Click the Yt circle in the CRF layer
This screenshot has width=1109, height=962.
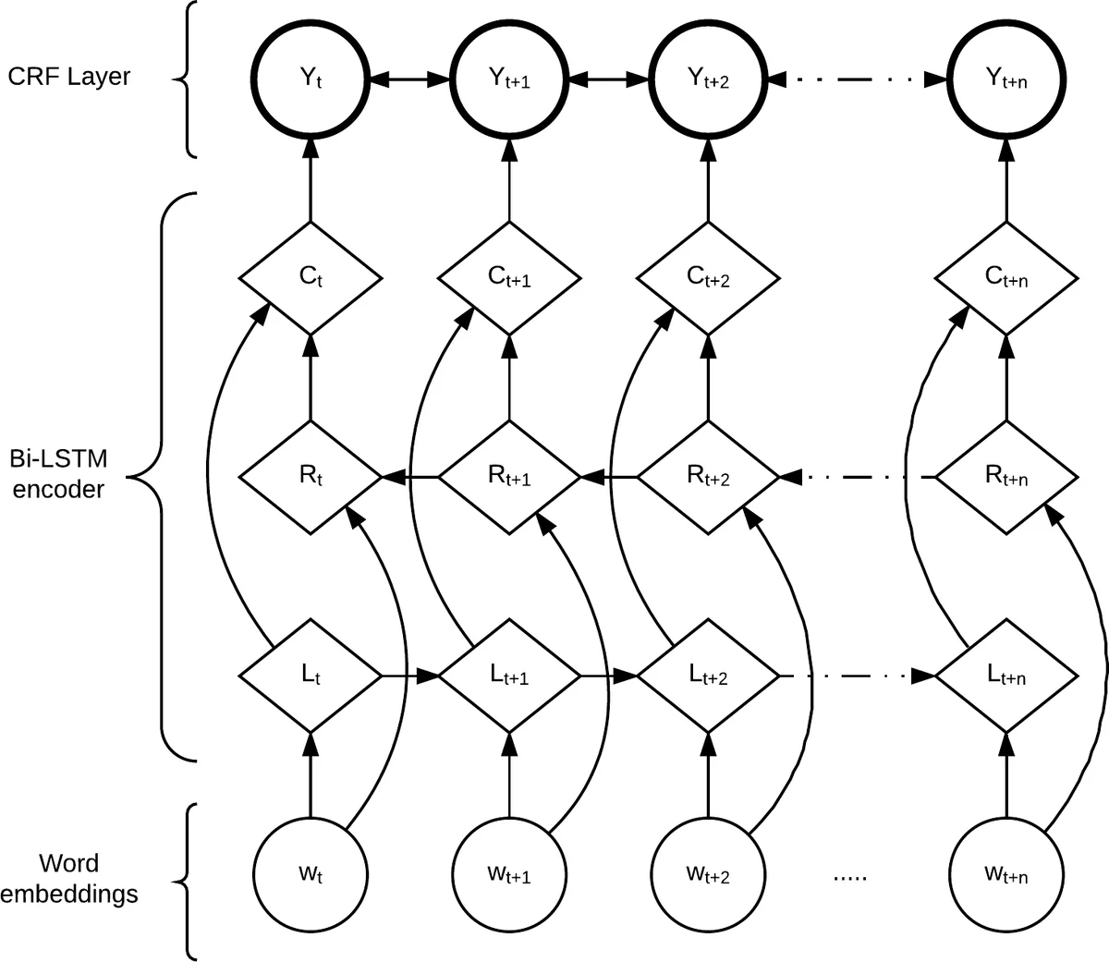pos(311,79)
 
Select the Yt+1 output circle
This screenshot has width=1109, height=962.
pos(509,79)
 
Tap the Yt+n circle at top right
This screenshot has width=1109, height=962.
pos(1006,79)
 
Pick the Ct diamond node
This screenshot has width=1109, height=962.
pos(311,276)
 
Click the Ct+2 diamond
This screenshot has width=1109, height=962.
pos(709,276)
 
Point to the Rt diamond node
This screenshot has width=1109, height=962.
pos(311,477)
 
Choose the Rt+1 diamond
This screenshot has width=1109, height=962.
pos(509,477)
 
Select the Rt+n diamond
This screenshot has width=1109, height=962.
pos(1006,477)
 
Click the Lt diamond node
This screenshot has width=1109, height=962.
pos(311,676)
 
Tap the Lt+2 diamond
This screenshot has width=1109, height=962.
pos(709,676)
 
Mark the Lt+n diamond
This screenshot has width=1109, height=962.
pos(1006,676)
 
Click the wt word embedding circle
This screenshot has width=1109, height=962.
pos(311,873)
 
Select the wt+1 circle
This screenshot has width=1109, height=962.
pos(509,873)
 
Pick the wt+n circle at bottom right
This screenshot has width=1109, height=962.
pos(1006,873)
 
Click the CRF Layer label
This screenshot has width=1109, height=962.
pos(69,76)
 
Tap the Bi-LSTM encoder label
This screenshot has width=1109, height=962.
pos(57,474)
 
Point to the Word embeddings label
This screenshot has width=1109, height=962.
pos(69,879)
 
